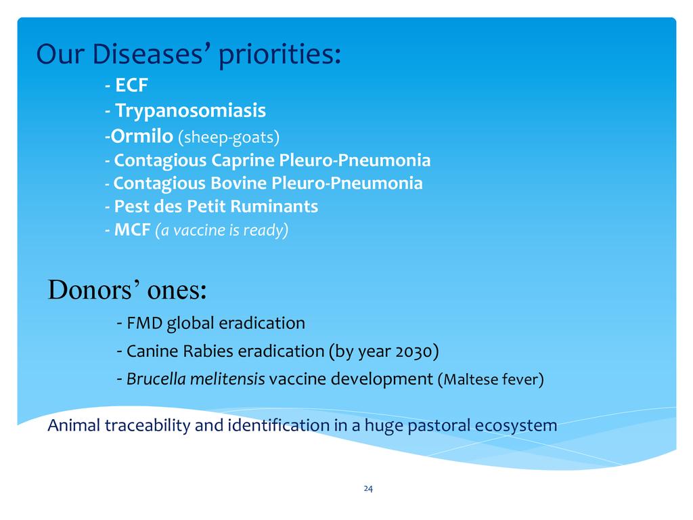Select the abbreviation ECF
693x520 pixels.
click(131, 85)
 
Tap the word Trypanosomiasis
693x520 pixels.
click(190, 110)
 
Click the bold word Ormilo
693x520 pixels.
click(141, 135)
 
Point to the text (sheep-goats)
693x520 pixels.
click(229, 137)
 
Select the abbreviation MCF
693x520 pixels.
click(132, 230)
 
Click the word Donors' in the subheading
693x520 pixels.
click(95, 290)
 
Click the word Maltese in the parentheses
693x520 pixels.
click(466, 379)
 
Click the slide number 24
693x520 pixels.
click(368, 489)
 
